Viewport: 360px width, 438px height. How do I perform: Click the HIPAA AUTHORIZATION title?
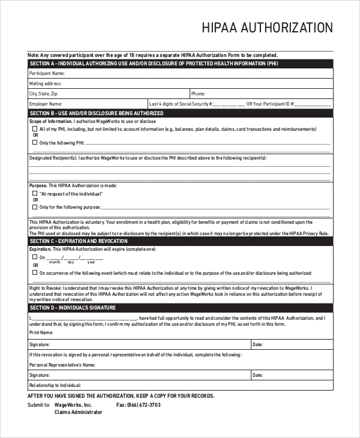267,28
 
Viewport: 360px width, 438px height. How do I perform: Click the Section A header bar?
180,64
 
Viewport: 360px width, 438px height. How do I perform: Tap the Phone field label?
198,94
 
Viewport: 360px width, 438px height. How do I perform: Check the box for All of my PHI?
34,129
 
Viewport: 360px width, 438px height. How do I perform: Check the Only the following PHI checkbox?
34,143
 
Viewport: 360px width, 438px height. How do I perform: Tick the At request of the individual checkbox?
34,194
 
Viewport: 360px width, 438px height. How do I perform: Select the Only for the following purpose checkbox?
34,207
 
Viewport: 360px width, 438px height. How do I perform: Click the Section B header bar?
180,113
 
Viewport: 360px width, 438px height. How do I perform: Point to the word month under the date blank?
55,262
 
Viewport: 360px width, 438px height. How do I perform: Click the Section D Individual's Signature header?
180,308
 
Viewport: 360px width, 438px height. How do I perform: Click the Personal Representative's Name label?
62,365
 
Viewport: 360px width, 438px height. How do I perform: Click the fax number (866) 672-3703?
139,405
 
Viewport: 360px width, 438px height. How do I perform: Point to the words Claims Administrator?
79,412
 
